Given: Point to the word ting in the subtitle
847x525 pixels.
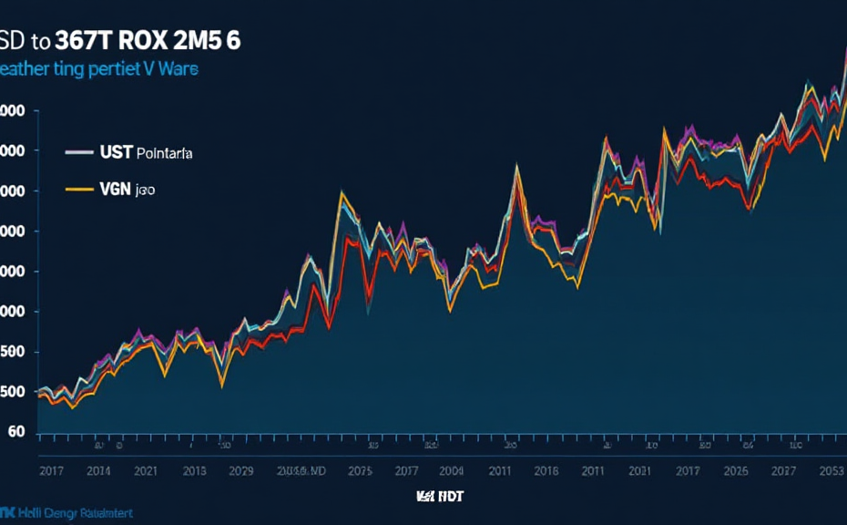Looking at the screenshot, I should click(x=67, y=69).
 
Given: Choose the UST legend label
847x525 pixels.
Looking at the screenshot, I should click(x=117, y=153).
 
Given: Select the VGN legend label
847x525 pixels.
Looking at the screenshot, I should click(x=115, y=190).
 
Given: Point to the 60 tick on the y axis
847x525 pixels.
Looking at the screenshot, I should click(x=16, y=432).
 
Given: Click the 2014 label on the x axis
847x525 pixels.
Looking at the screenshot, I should click(x=98, y=471).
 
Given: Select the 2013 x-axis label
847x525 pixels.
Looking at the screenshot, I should click(x=193, y=471).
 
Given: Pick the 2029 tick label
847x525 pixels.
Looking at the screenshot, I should click(x=240, y=471).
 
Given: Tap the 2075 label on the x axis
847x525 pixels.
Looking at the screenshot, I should click(x=360, y=471).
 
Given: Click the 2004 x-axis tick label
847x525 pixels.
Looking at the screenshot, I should click(x=450, y=471).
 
